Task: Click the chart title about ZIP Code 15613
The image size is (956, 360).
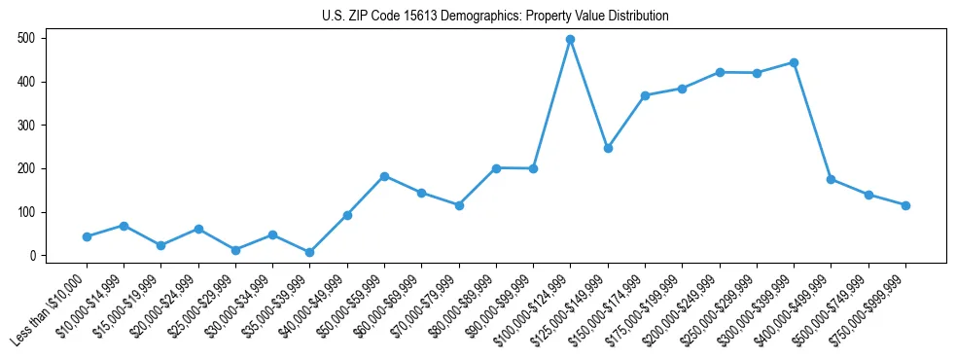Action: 495,17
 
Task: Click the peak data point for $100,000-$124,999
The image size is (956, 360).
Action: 571,40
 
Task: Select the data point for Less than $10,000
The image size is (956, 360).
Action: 87,236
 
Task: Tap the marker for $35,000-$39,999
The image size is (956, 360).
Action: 310,252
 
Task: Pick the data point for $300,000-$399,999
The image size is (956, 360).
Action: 795,62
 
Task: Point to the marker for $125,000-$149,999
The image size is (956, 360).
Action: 608,148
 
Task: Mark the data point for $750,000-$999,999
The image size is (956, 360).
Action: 905,205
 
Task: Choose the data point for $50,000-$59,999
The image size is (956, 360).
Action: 385,176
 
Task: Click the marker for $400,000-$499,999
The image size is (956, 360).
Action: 832,179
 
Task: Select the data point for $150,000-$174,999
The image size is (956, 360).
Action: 645,95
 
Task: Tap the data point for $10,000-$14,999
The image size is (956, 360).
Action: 124,226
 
